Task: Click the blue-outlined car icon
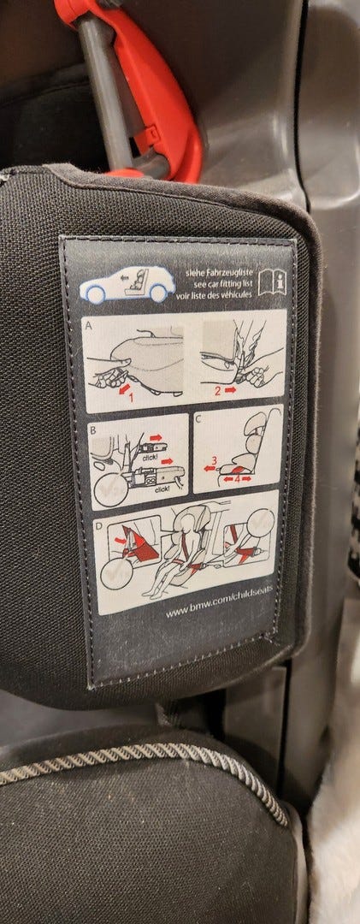click(x=127, y=283)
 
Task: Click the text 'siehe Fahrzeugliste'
click(x=219, y=272)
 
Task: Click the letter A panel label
click(x=88, y=324)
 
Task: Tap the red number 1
click(x=131, y=397)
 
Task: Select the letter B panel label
click(x=92, y=429)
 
